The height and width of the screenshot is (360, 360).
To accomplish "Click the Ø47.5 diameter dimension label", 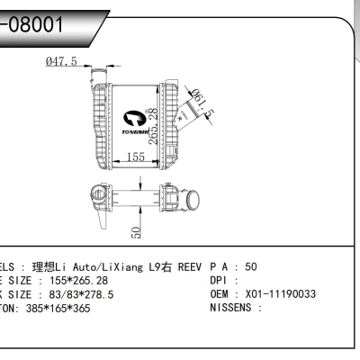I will click(61, 61).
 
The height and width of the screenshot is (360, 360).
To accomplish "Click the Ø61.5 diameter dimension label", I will click(202, 106).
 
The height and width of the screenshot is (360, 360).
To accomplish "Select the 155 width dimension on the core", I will click(135, 157).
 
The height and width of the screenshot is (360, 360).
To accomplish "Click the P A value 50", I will click(251, 267).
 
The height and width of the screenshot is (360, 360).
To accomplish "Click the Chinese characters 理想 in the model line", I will click(43, 267).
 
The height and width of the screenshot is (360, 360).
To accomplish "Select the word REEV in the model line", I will click(189, 267).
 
